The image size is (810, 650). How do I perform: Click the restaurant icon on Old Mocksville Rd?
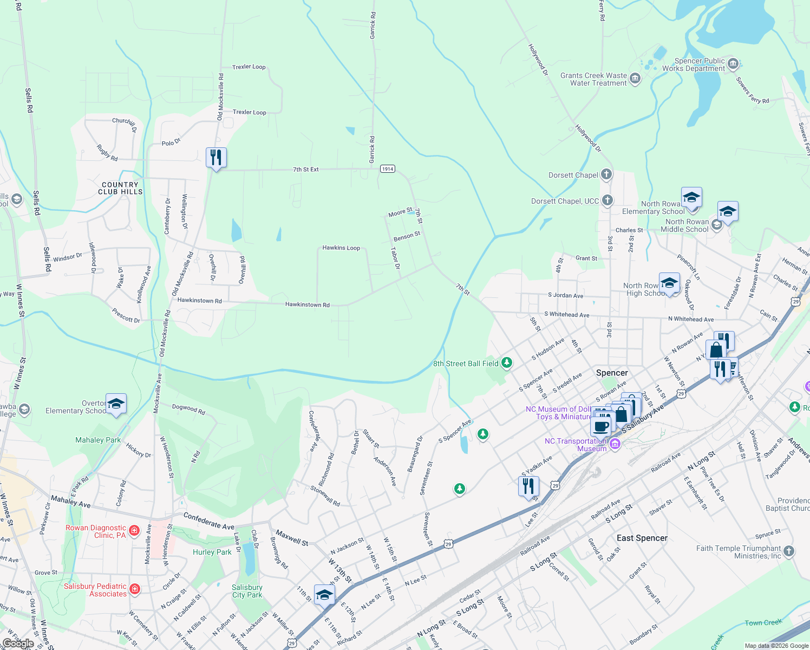pyautogui.click(x=216, y=158)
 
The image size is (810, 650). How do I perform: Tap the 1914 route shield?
pyautogui.click(x=387, y=169)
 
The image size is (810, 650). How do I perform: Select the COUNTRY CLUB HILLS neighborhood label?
pyautogui.click(x=120, y=188)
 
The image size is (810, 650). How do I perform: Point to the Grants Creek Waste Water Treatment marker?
pyautogui.click(x=635, y=79)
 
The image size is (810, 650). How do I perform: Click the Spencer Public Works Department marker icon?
pyautogui.click(x=733, y=64)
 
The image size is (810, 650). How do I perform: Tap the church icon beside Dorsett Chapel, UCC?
pyautogui.click(x=608, y=200)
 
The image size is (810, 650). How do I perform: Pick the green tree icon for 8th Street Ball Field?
pyautogui.click(x=507, y=362)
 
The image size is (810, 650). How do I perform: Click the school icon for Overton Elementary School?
pyautogui.click(x=116, y=404)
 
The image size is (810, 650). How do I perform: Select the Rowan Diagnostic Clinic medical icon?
pyautogui.click(x=134, y=530)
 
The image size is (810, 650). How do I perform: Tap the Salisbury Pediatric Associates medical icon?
pyautogui.click(x=135, y=589)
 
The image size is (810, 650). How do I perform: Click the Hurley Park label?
pyautogui.click(x=212, y=552)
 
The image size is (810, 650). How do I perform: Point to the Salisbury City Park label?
pyautogui.click(x=247, y=591)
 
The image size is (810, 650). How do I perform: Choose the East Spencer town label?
pyautogui.click(x=642, y=538)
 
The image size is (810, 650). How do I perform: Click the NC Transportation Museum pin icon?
pyautogui.click(x=615, y=444)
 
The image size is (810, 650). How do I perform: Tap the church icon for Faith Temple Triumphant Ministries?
pyautogui.click(x=789, y=551)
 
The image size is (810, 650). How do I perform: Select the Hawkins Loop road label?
pyautogui.click(x=341, y=248)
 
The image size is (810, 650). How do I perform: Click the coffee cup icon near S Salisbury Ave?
pyautogui.click(x=600, y=426)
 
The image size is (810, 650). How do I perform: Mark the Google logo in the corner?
pyautogui.click(x=18, y=643)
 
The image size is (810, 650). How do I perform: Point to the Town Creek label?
pyautogui.click(x=763, y=622)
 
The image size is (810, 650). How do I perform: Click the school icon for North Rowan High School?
pyautogui.click(x=669, y=283)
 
